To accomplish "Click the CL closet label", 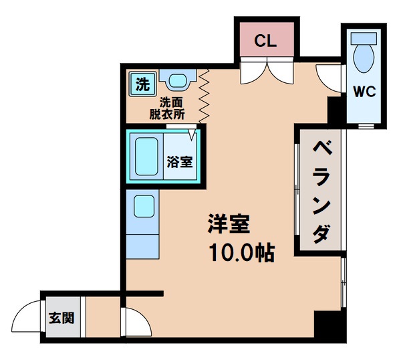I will (266, 39).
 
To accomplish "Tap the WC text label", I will (365, 92).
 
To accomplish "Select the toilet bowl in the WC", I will (364, 56).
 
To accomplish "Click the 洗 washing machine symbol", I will (142, 84).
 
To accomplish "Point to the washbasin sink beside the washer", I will (177, 82).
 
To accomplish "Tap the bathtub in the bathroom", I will (146, 157).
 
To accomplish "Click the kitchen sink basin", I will (144, 207).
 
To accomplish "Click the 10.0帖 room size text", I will (241, 254).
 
